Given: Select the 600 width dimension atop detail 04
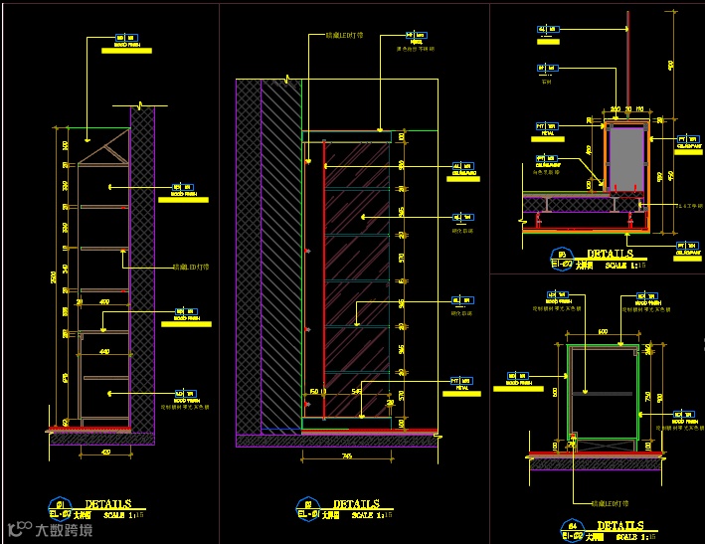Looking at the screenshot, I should pyautogui.click(x=603, y=331).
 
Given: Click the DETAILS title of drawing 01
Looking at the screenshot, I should pyautogui.click(x=107, y=504).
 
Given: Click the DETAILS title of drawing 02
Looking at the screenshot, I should pyautogui.click(x=356, y=504).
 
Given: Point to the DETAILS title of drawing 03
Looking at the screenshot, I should pyautogui.click(x=610, y=255).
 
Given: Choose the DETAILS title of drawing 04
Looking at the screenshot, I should pyautogui.click(x=619, y=525).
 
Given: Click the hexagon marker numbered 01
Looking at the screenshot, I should pyautogui.click(x=60, y=503).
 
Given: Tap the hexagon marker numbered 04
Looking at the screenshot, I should pyautogui.click(x=572, y=524).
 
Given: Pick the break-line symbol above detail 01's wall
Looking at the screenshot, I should pyautogui.click(x=142, y=102).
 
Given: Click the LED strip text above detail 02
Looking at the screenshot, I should pyautogui.click(x=344, y=36).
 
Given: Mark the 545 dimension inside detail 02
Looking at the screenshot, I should pyautogui.click(x=356, y=391).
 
